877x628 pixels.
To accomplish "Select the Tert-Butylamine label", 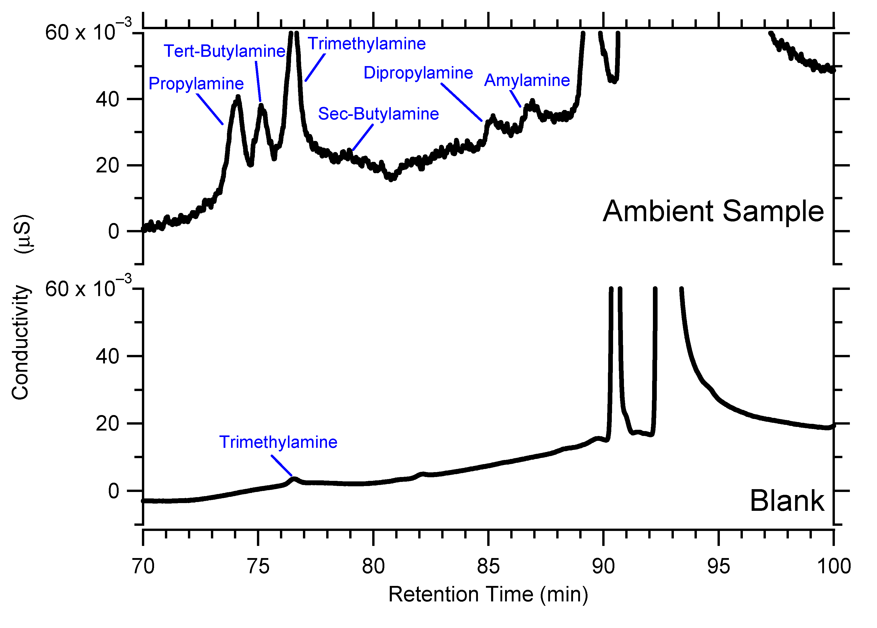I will pyautogui.click(x=224, y=51).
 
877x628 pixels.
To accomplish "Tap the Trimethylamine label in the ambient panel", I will pyautogui.click(x=366, y=44).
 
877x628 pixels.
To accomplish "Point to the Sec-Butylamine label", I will pyautogui.click(x=378, y=114).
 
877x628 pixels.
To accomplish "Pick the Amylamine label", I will pyautogui.click(x=527, y=80).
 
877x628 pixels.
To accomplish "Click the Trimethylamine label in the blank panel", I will pyautogui.click(x=278, y=442).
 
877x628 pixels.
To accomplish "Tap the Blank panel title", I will pyautogui.click(x=787, y=501).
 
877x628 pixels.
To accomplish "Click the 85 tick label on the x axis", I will pyautogui.click(x=488, y=567).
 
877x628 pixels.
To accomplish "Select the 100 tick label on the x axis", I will pyautogui.click(x=833, y=567).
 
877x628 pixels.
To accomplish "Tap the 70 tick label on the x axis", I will pyautogui.click(x=143, y=567).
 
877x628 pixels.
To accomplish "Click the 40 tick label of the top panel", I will pyautogui.click(x=107, y=100).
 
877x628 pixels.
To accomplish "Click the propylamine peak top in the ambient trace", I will pyautogui.click(x=238, y=97).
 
